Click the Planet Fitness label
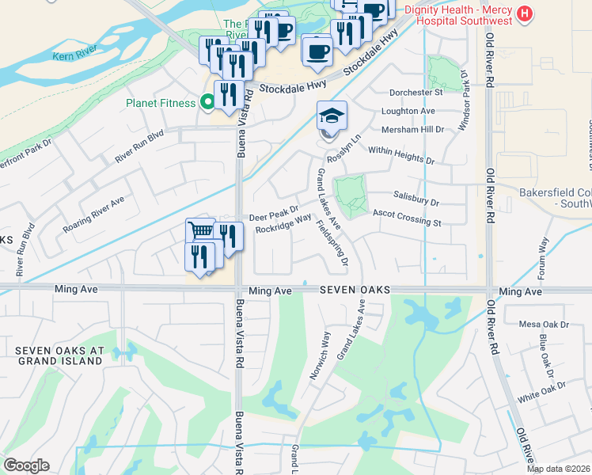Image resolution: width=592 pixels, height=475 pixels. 161,102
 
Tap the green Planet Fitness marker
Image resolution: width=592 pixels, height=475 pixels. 207,101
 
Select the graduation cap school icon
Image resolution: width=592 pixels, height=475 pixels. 332,116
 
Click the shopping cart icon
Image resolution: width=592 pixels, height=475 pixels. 201,231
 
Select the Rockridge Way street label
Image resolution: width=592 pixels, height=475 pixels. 283,225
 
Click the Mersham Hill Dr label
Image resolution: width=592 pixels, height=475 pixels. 412,129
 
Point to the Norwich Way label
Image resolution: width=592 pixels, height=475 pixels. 320,355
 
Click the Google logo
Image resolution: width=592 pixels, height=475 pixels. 26,465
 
